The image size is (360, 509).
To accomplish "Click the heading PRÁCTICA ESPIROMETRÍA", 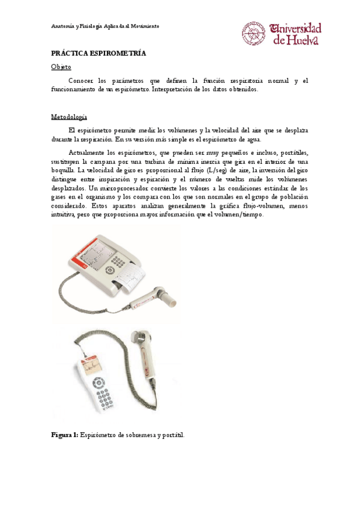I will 98,53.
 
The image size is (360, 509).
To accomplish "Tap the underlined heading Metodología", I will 69,116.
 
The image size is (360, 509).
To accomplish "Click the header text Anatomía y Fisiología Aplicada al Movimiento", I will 104,26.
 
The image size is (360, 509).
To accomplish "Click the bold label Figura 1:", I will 64,435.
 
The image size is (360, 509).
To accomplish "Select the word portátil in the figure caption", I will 170,435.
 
